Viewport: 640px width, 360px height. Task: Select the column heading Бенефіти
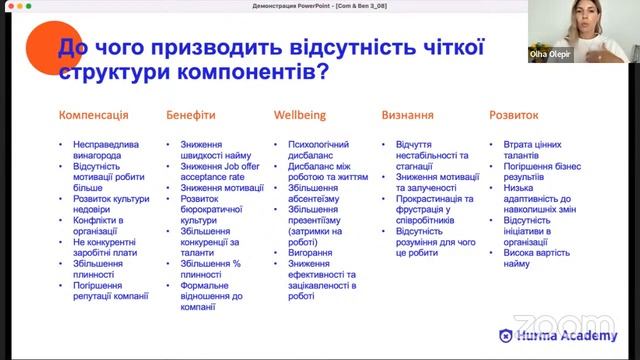pos(190,115)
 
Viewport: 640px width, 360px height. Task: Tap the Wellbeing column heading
pos(299,115)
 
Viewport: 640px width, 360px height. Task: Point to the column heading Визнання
pos(407,115)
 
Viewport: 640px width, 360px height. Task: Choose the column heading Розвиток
pos(514,115)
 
